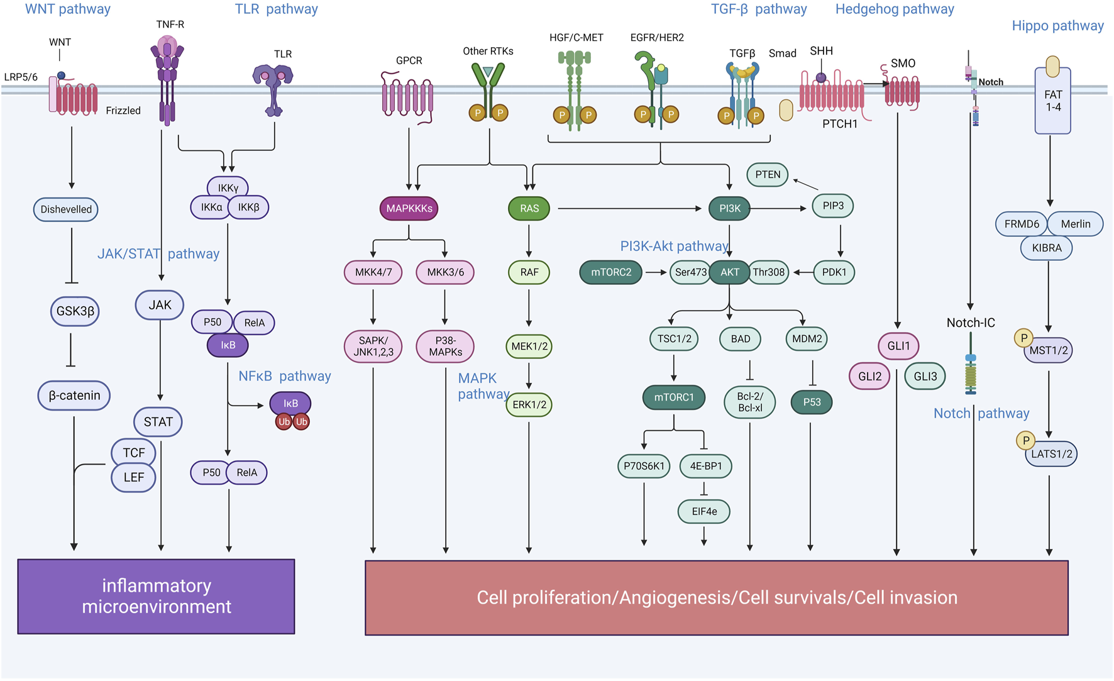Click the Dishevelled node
(66, 209)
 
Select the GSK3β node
(75, 311)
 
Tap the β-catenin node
(74, 396)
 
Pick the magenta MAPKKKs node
(409, 209)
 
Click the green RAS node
(529, 209)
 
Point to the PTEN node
(768, 175)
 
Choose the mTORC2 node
(611, 272)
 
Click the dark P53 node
(812, 402)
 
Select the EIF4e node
(704, 511)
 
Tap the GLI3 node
(925, 377)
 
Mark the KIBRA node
(1047, 248)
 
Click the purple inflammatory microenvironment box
(157, 596)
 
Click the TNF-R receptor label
(170, 25)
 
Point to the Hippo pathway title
(1057, 26)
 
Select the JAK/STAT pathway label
(158, 254)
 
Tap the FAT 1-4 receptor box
(1053, 101)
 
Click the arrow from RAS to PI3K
(629, 209)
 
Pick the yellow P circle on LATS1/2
(1025, 441)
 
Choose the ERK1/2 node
(529, 404)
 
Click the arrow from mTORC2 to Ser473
(656, 272)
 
